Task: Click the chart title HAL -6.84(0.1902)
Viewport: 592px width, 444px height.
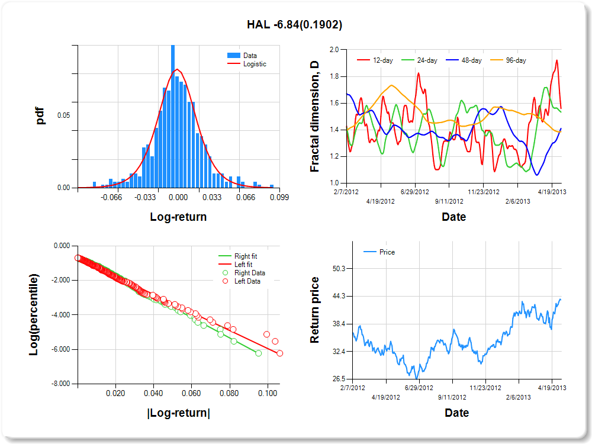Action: pos(294,25)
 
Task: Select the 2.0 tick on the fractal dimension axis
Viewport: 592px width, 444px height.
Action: pos(334,50)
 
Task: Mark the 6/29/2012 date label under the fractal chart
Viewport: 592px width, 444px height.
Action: pos(414,192)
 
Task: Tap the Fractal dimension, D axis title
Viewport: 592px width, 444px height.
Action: pos(314,117)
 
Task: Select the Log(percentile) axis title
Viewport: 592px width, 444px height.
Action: pos(34,314)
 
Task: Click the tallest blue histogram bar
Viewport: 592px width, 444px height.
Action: pos(173,117)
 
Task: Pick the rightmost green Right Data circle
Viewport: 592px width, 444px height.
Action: pos(258,353)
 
